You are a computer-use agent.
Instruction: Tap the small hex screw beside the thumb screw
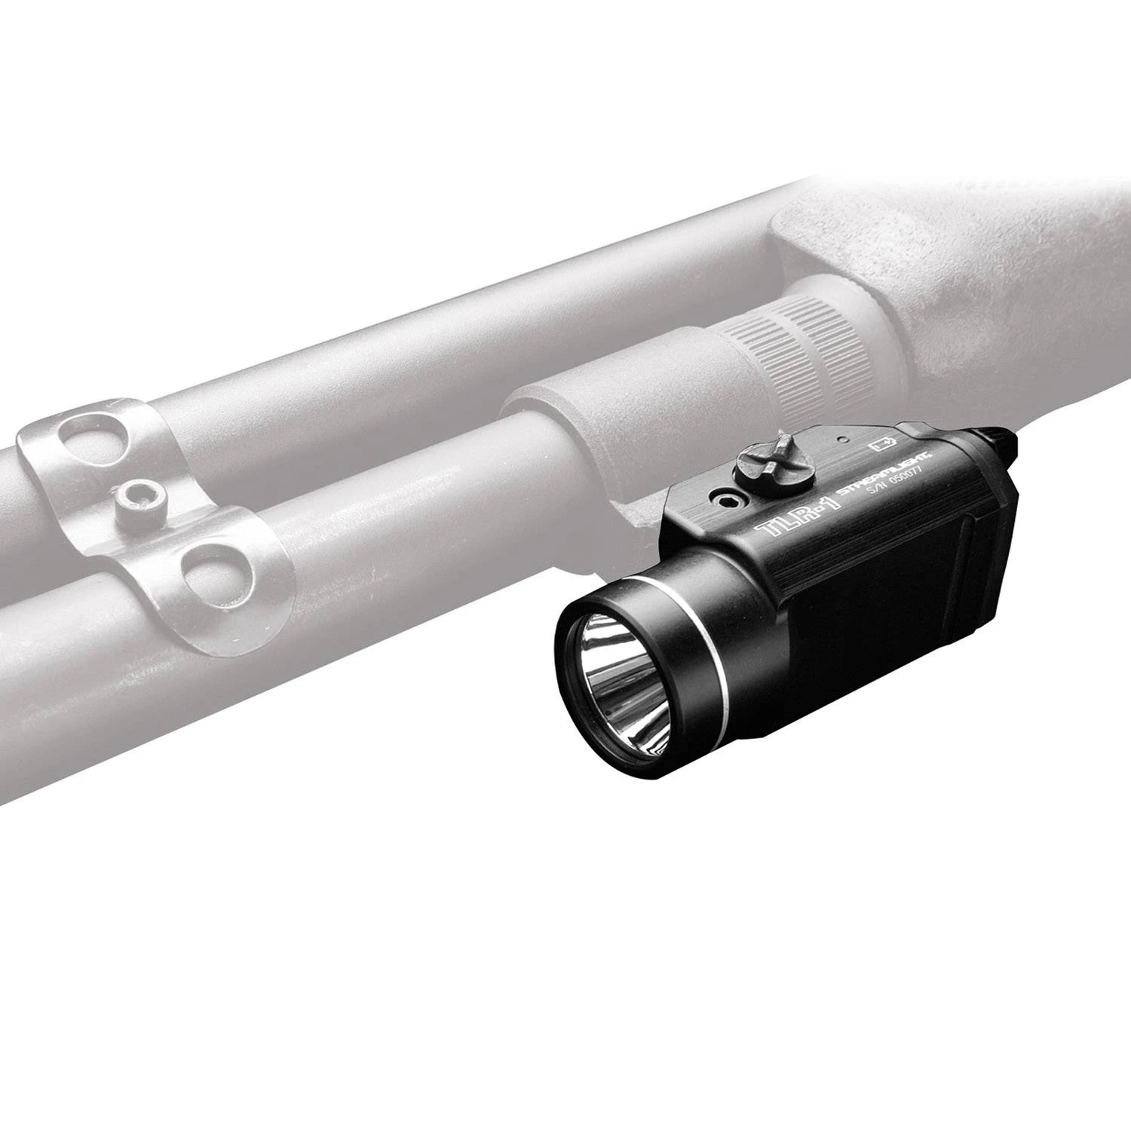725,499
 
